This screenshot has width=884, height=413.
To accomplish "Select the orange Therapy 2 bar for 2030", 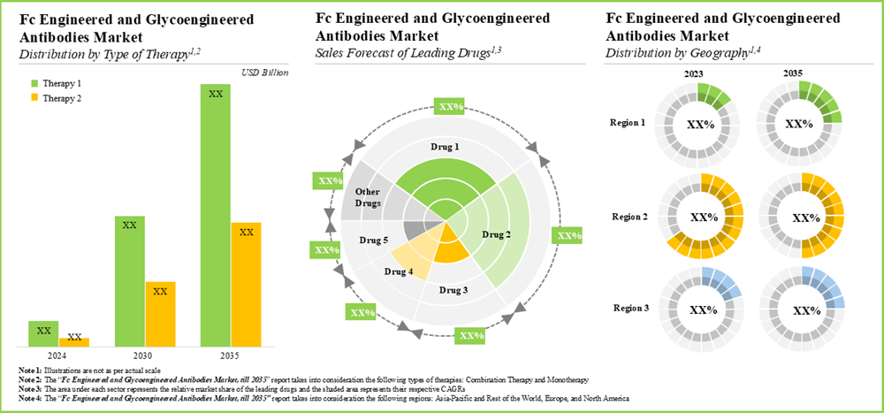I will point(160,313).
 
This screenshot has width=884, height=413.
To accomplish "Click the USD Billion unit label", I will point(264,73).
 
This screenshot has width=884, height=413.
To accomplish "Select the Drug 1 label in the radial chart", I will point(438,145).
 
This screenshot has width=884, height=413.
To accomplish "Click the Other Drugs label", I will point(367,197).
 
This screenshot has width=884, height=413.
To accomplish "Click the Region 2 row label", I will point(629,215).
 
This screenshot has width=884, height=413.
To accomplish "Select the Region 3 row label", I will point(629,309).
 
